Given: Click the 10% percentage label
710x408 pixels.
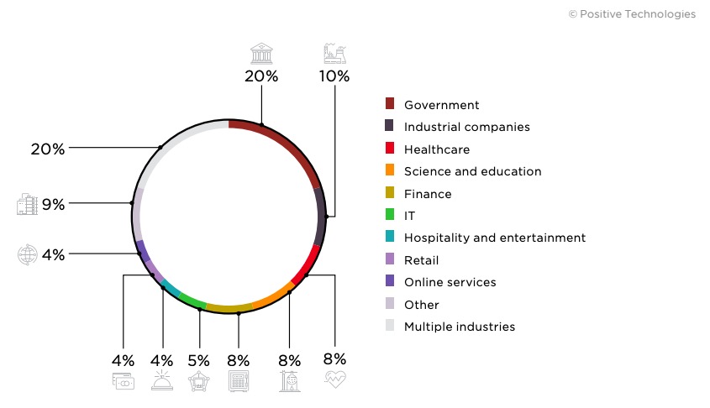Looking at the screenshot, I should coord(334,76).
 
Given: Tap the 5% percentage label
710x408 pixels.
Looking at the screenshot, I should coord(200,360).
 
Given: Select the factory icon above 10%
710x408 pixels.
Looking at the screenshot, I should coord(334,54).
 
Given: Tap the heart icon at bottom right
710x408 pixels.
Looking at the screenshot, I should coord(335,380).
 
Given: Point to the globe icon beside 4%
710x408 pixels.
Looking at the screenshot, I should coord(28,254).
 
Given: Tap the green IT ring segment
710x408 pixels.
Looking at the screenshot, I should coord(192,301).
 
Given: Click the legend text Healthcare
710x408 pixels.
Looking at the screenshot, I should coord(436,149).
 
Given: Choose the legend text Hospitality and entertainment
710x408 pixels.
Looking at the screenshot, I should coord(494,238).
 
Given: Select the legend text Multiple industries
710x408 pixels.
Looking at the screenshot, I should coord(459,327).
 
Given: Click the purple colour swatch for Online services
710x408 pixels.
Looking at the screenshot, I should coord(390,282).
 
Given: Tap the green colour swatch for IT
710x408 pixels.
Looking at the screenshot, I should coord(390,216).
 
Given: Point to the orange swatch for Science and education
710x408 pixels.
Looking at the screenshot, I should coord(390,171).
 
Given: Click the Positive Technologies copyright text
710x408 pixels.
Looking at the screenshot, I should coord(632,14).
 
